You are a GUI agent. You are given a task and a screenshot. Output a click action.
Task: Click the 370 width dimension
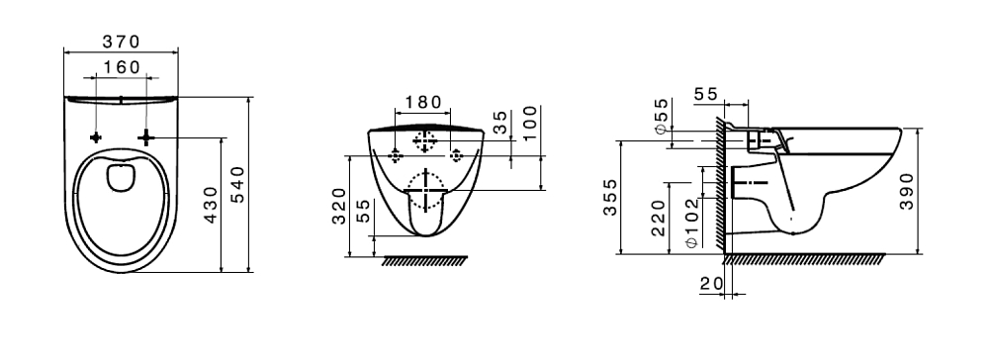[x=121, y=42]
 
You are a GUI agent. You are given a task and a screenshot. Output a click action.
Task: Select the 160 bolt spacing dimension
[x=121, y=67]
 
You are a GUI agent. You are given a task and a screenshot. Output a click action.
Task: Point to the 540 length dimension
[x=237, y=185]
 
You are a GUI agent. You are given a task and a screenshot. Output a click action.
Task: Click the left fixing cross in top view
[x=95, y=137]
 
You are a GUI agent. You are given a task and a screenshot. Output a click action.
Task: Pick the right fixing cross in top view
[x=145, y=136]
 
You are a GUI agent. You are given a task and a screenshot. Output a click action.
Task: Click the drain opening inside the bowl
[x=120, y=178]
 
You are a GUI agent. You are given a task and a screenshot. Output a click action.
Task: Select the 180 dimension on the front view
[x=422, y=102]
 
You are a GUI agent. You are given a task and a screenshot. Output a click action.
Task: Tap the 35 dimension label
[x=499, y=123]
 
